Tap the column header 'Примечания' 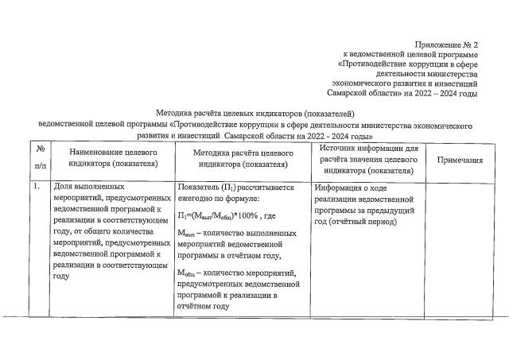coord(460,160)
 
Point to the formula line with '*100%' coord(227,216)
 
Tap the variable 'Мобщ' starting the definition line coord(188,273)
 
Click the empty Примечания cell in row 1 coord(460,246)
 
